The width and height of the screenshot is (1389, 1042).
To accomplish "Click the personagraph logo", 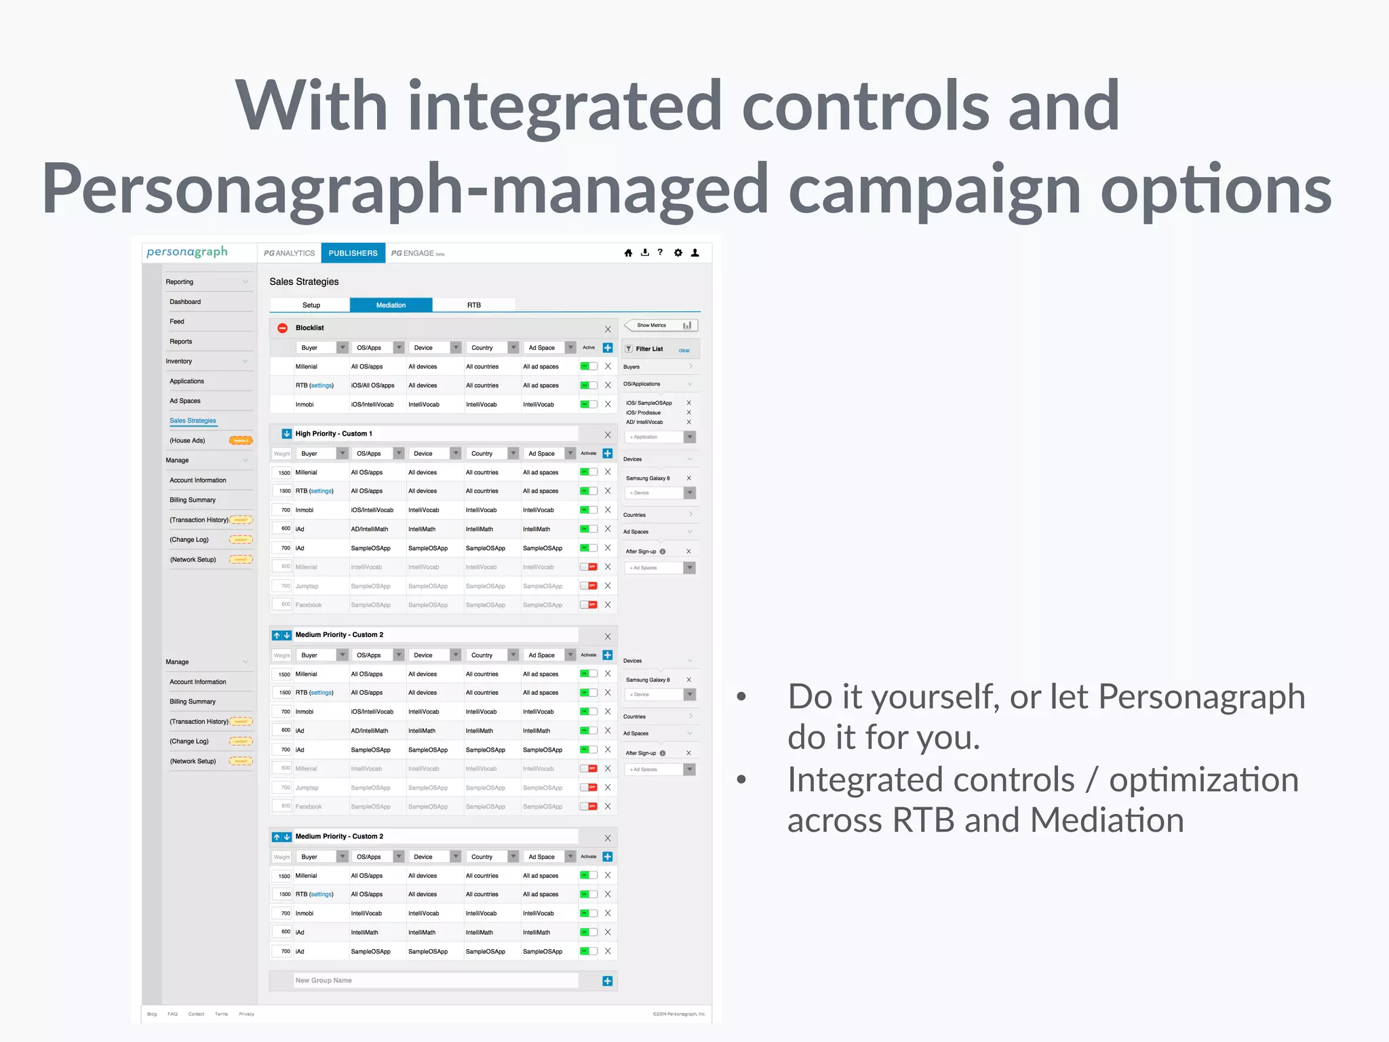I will (x=187, y=252).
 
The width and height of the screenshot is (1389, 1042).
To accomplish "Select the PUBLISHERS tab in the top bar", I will (x=353, y=253).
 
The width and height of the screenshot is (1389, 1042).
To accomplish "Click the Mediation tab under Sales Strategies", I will (x=391, y=305).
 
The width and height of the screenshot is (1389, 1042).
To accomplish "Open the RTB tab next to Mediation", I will (x=473, y=305).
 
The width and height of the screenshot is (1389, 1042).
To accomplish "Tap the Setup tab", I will (x=311, y=305).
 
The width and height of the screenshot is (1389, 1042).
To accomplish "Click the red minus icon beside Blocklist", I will (x=283, y=328).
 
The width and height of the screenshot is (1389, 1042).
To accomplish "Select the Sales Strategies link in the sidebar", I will (x=193, y=421).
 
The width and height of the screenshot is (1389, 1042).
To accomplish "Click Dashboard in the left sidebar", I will (x=185, y=302).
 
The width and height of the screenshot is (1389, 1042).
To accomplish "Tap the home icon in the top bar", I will (x=628, y=253).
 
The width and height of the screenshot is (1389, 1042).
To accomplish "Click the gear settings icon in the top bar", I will (x=678, y=253).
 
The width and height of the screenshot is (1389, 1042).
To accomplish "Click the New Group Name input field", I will (x=434, y=980).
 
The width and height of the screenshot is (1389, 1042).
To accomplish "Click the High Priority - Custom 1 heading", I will (x=334, y=433).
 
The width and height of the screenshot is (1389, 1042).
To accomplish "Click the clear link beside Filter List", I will (x=684, y=351).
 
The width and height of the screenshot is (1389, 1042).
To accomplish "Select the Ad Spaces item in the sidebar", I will (x=185, y=401).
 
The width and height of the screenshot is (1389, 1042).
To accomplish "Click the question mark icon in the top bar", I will (x=660, y=252).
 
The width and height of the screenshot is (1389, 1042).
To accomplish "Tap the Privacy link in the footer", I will (x=246, y=1014).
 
